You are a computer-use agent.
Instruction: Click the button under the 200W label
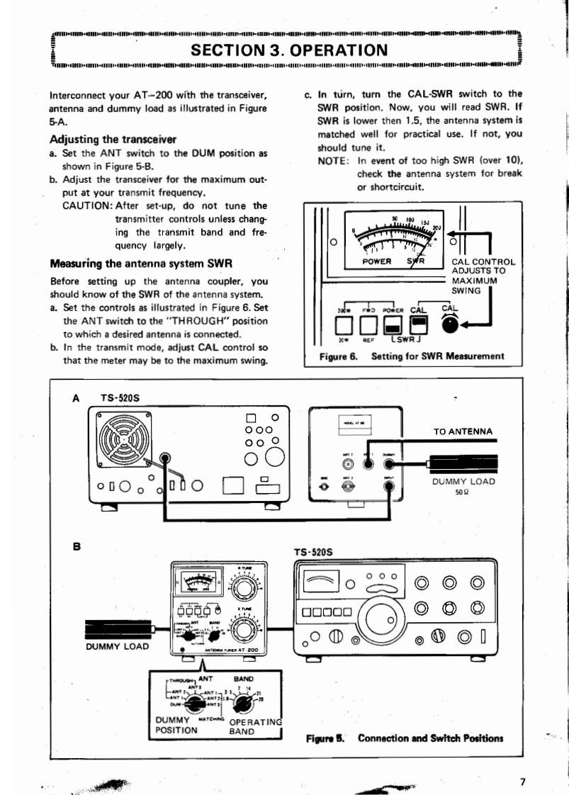pyautogui.click(x=345, y=323)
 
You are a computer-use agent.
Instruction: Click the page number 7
pyautogui.click(x=522, y=782)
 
